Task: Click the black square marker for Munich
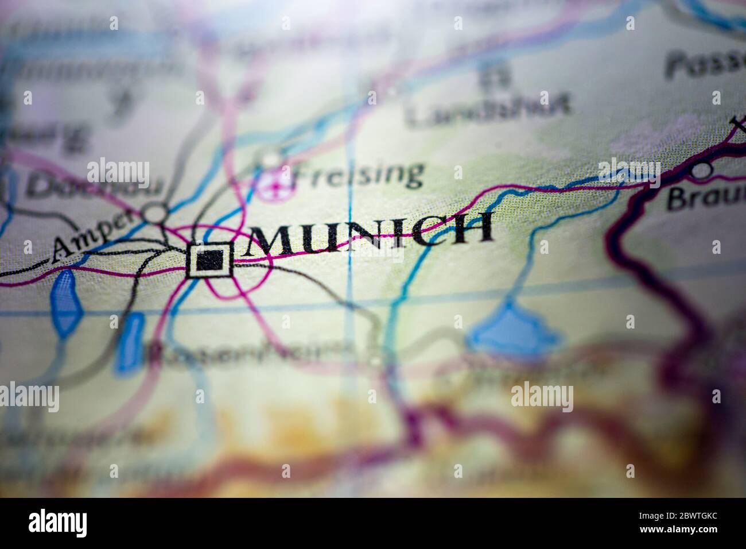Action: (x=210, y=262)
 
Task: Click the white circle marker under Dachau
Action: (x=154, y=214)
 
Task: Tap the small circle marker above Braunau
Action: (x=700, y=171)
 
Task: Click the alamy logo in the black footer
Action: (x=58, y=523)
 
